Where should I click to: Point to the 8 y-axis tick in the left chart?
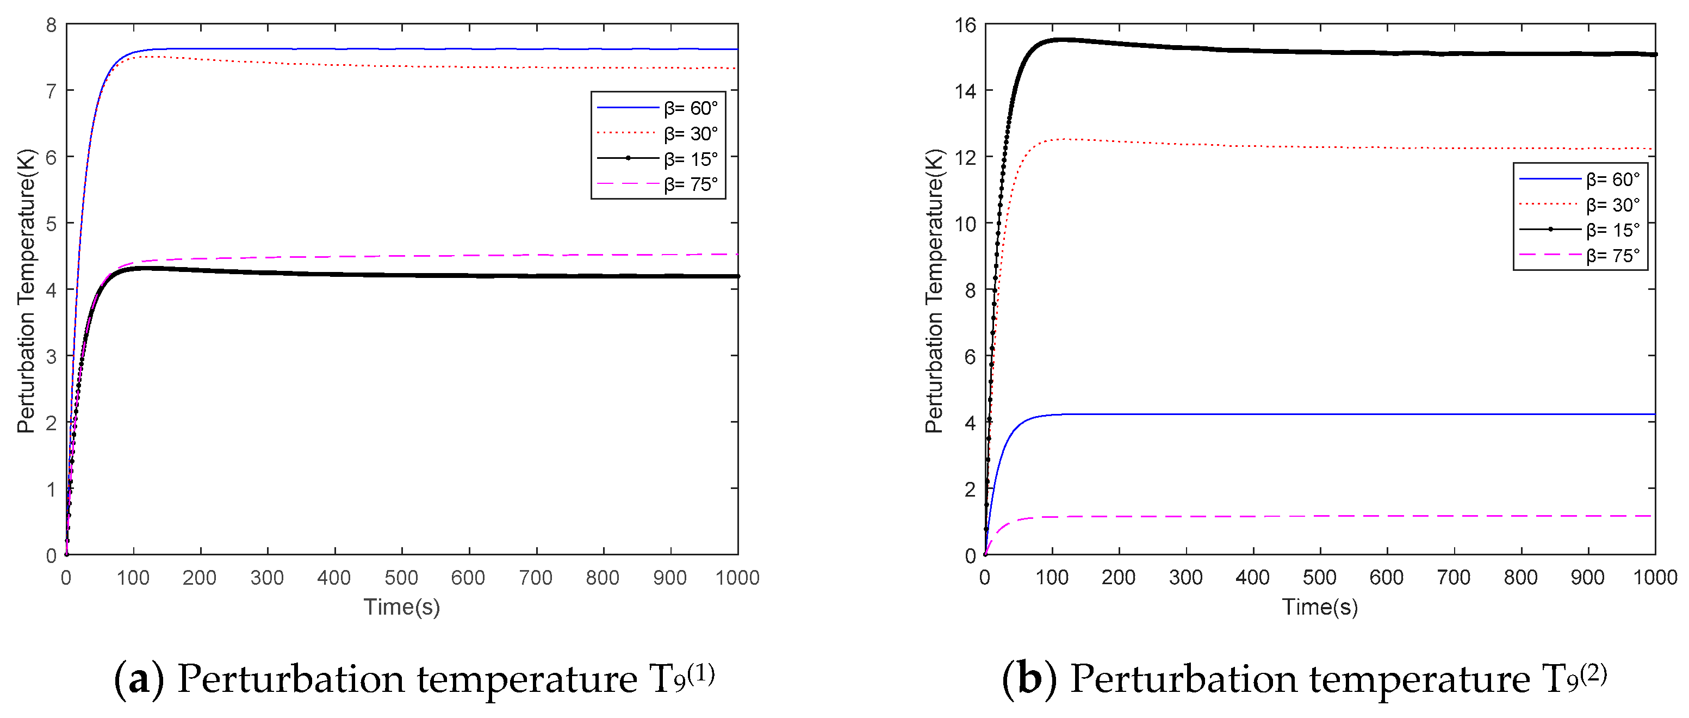pyautogui.click(x=51, y=26)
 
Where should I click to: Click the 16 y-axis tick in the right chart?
pyautogui.click(x=965, y=26)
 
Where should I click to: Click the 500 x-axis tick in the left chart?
pyautogui.click(x=401, y=578)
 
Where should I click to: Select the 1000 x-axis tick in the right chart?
pyautogui.click(x=1655, y=578)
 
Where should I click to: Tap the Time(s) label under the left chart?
pyautogui.click(x=401, y=606)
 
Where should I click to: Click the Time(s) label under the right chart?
pyautogui.click(x=1320, y=606)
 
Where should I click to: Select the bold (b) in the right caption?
pyautogui.click(x=1029, y=679)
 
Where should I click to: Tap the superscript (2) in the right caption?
pyautogui.click(x=1593, y=673)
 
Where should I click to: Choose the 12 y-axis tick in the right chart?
pyautogui.click(x=965, y=157)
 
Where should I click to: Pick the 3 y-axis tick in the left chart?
pyautogui.click(x=51, y=357)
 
